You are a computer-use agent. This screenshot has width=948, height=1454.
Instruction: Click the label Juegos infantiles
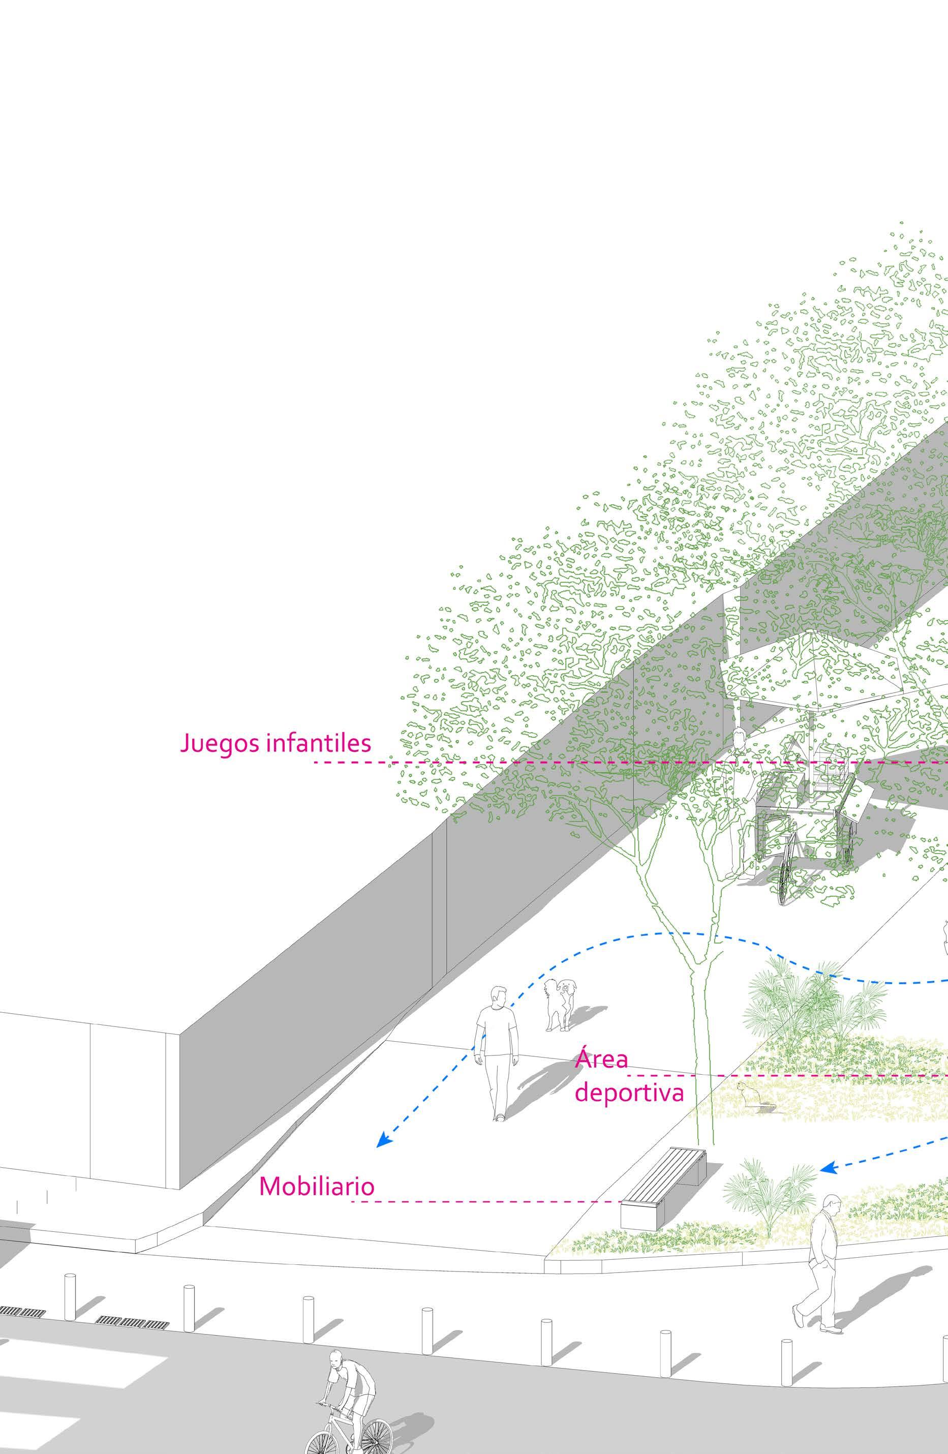click(x=276, y=743)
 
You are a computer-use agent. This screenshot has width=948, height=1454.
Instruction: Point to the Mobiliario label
click(x=316, y=1186)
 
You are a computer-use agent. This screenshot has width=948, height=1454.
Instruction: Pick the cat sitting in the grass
click(x=746, y=1094)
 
